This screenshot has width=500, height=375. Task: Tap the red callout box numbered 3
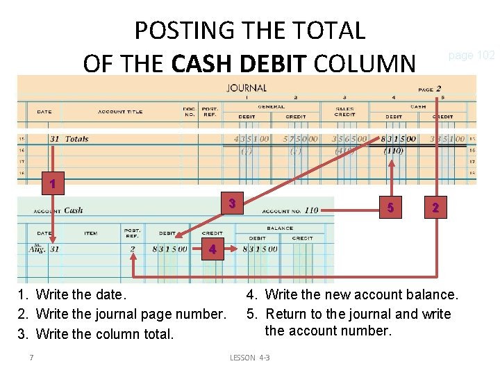233,203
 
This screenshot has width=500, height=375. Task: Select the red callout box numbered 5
391,207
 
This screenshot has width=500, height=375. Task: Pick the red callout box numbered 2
435,207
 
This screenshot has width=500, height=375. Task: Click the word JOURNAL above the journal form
247,88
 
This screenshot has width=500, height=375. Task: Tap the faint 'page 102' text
471,55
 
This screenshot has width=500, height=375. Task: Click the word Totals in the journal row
76,139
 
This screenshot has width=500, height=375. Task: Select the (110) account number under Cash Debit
393,150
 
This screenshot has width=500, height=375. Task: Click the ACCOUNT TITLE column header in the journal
120,112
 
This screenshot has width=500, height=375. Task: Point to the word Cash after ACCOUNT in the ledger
73,210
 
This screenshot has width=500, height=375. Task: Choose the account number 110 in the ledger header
310,210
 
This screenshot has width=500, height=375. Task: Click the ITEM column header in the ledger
91,233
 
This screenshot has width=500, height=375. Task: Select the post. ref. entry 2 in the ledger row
132,249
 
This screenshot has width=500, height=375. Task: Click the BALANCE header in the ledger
278,228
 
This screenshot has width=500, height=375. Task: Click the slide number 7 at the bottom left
31,358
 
